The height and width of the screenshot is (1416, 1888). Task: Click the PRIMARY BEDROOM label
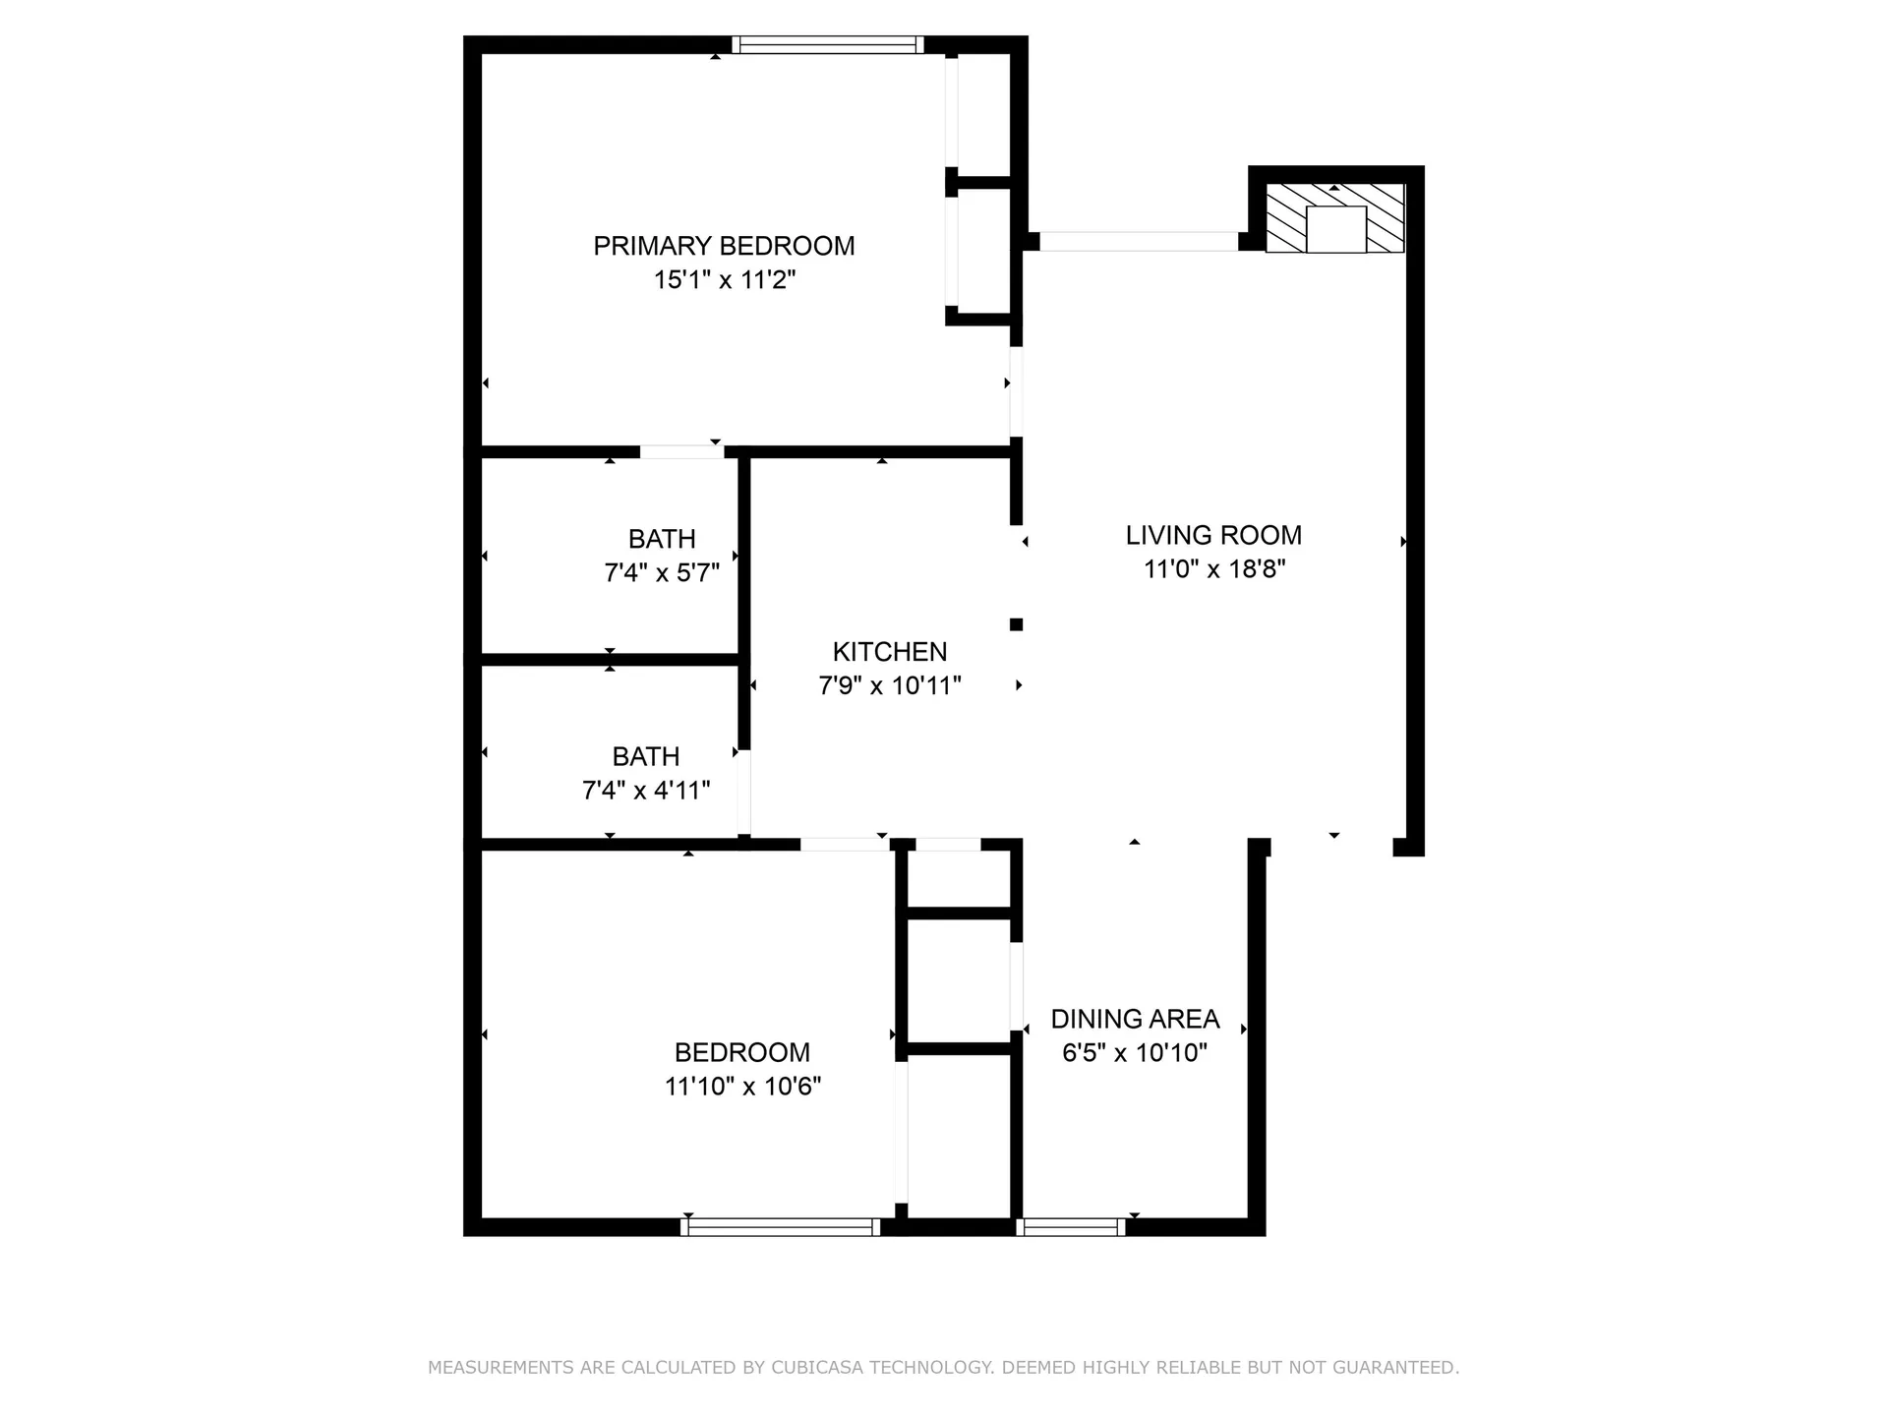[x=724, y=246]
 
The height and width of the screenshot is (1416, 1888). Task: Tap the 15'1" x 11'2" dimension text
[x=724, y=280]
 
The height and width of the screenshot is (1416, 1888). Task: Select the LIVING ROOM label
[x=1213, y=535]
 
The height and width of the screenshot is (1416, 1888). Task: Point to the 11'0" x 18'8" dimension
[x=1213, y=569]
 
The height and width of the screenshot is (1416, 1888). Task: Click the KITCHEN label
[x=890, y=652]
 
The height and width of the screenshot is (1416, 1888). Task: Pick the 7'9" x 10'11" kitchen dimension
[x=890, y=685]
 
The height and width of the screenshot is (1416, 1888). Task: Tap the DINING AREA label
[x=1135, y=1019]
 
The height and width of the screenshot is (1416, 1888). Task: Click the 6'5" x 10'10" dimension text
[x=1135, y=1053]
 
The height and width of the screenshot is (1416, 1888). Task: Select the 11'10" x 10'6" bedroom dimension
[x=742, y=1087]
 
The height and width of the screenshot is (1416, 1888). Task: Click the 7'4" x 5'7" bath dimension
[x=662, y=573]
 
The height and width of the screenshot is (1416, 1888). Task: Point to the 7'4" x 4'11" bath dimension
[x=646, y=791]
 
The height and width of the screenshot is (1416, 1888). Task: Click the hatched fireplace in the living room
[x=1334, y=218]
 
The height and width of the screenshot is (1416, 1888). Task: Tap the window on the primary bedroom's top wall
[x=827, y=44]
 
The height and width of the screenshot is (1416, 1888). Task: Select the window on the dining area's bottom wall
[x=1071, y=1226]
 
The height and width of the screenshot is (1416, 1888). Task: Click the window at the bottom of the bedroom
[x=781, y=1226]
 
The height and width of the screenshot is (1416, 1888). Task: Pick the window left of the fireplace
[x=1139, y=241]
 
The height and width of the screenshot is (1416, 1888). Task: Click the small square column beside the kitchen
[x=1017, y=624]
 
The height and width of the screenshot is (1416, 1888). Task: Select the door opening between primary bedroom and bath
[x=681, y=452]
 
